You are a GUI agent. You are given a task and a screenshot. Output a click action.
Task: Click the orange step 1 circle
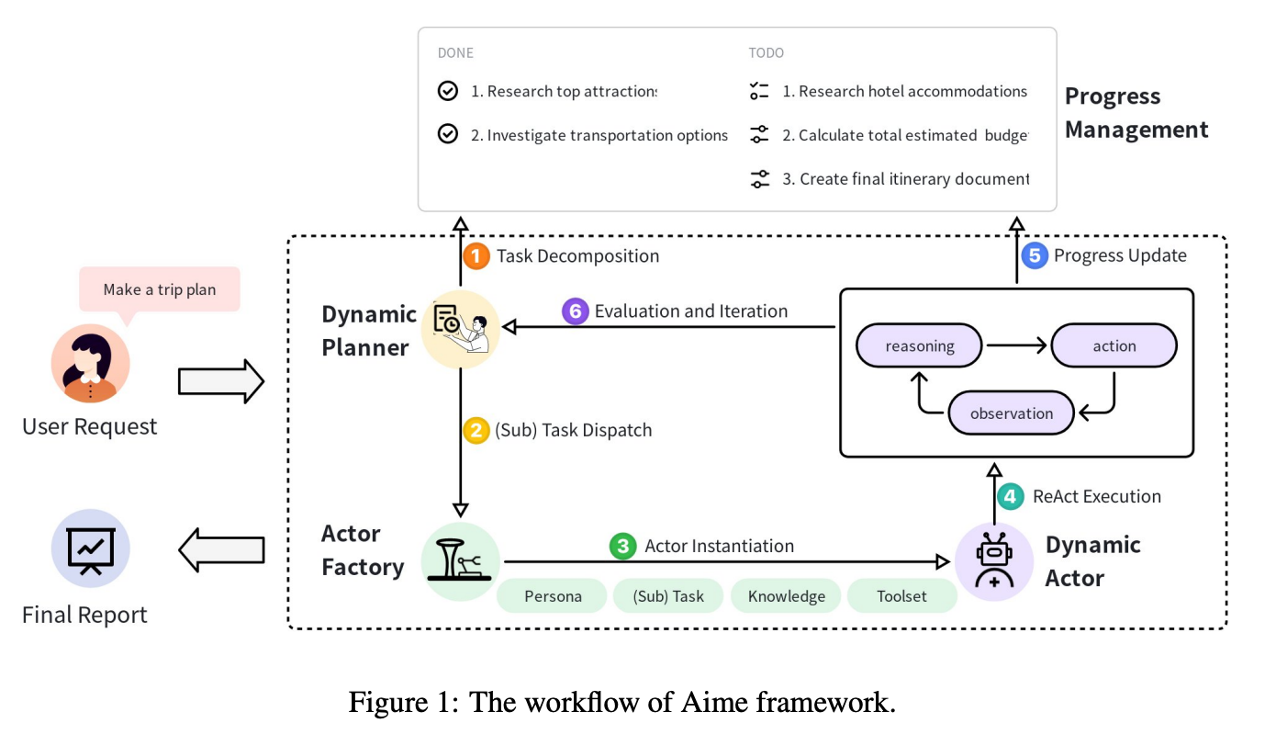(x=476, y=255)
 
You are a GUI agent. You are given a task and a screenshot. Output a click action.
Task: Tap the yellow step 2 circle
(x=476, y=430)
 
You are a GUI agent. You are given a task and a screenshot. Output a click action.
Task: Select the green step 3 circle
(x=623, y=547)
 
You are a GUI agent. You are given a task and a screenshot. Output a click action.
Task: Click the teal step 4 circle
(x=1011, y=497)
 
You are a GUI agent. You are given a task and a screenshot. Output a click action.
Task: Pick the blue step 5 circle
(x=1035, y=255)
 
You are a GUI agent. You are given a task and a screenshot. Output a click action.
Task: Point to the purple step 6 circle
(x=576, y=311)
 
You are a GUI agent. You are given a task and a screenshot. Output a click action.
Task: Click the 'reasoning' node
(x=919, y=346)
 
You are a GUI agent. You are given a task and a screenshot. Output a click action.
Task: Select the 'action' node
(x=1114, y=346)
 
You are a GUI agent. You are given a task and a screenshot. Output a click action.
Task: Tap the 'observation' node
(x=1012, y=413)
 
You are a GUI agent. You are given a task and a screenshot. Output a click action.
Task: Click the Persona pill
(x=553, y=596)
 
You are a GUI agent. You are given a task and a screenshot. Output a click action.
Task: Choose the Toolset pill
(x=901, y=596)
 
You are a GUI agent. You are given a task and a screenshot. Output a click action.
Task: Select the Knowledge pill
(x=786, y=596)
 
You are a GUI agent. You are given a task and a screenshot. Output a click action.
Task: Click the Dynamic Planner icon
(x=461, y=330)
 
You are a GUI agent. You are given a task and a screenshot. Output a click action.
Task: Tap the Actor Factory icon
(x=461, y=561)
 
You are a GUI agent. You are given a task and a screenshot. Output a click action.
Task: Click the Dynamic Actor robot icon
(x=994, y=560)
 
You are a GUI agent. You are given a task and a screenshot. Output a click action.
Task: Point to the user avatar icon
(x=90, y=364)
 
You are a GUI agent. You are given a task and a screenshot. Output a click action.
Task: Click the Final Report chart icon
(x=90, y=548)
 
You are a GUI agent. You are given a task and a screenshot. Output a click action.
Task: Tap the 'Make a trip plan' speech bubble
(x=159, y=290)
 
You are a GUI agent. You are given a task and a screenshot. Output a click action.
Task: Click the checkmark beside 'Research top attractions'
(x=448, y=91)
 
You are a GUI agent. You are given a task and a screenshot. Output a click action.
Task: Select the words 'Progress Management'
(x=1136, y=113)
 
